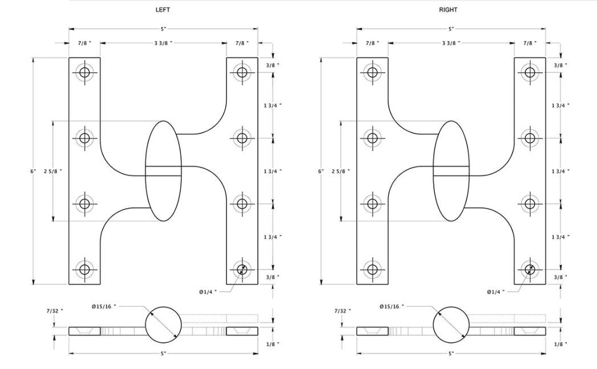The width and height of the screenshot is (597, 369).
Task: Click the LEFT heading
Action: (163, 10)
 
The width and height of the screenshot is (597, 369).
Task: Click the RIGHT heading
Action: (448, 10)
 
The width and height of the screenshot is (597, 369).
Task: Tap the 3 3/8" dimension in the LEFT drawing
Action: (163, 43)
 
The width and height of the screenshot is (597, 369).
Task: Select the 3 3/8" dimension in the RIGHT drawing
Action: (451, 43)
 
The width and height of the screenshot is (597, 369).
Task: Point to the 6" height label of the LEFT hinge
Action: (34, 171)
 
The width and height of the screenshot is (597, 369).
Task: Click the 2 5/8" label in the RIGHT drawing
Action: (340, 171)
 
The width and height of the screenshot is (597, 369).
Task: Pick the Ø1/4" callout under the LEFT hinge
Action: (208, 292)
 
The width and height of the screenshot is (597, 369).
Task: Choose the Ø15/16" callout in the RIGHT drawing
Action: (392, 306)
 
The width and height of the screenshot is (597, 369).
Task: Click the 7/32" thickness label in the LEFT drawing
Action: (55, 311)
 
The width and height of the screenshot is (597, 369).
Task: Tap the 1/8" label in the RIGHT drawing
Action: (561, 344)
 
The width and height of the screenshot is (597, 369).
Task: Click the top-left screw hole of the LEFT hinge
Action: (85, 72)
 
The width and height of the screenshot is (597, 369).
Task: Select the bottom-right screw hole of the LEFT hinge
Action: (242, 270)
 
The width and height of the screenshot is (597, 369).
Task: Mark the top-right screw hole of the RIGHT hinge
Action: (530, 72)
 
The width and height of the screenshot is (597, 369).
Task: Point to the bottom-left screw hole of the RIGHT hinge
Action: (372, 270)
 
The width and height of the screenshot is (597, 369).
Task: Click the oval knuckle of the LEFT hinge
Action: (164, 171)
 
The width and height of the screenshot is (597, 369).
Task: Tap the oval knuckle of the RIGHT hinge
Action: (451, 171)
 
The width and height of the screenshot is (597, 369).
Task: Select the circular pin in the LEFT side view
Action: (164, 325)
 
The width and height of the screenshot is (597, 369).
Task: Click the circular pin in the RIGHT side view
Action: (451, 325)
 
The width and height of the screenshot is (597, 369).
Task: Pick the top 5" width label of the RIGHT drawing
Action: (451, 28)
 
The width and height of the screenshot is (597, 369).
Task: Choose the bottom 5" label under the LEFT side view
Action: (163, 354)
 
